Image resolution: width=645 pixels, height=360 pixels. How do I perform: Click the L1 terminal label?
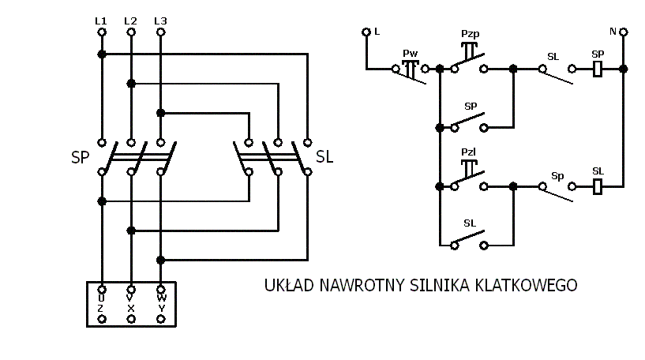pos(101,20)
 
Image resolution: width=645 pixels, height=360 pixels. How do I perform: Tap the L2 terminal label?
pos(130,20)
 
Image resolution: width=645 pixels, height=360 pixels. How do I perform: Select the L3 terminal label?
pos(160,20)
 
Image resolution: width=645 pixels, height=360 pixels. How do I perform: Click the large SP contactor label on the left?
pos(81,157)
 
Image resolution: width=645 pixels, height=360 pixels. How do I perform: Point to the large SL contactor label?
pos(324,157)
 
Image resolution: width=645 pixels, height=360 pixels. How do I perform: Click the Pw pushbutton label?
pos(409,54)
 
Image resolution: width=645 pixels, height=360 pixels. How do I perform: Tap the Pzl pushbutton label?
pos(470,152)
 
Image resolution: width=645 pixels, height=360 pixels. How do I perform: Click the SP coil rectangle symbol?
pos(598,69)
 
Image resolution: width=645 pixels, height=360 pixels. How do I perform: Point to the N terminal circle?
pos(624,32)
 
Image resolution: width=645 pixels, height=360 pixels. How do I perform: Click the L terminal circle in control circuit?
pos(366,32)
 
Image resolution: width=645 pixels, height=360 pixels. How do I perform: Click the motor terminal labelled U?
pos(101,291)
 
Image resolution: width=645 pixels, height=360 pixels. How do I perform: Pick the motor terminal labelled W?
pos(161,291)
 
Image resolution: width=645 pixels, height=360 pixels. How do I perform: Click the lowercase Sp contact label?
pos(557,175)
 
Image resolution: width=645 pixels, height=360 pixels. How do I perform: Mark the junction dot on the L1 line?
pos(101,54)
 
